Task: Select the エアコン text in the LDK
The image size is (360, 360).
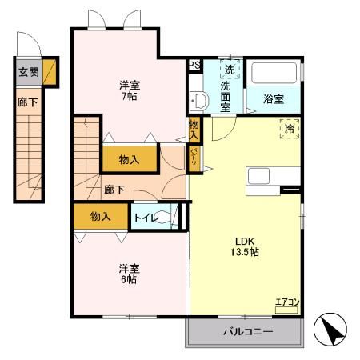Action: pyautogui.click(x=286, y=302)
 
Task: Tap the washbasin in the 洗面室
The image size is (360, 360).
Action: pyautogui.click(x=200, y=100)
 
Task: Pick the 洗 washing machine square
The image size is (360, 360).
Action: pyautogui.click(x=230, y=69)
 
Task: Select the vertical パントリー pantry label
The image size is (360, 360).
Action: pyautogui.click(x=194, y=158)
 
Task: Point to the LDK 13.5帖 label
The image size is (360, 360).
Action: pyautogui.click(x=246, y=246)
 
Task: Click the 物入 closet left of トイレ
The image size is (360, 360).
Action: pyautogui.click(x=100, y=216)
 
